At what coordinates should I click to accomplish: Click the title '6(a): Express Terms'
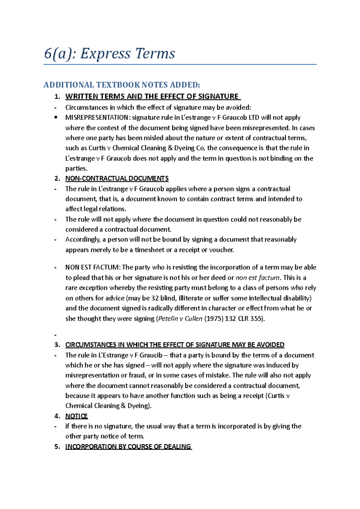click(109, 54)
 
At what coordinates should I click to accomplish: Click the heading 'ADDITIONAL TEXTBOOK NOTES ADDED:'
click(121, 85)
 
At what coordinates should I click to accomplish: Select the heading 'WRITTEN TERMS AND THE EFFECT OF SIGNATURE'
click(152, 96)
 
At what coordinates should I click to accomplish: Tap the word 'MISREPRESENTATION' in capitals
click(97, 118)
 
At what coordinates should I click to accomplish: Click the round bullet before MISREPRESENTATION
click(55, 118)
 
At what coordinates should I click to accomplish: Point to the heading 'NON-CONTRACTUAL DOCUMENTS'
click(117, 178)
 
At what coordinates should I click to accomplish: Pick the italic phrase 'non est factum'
click(257, 278)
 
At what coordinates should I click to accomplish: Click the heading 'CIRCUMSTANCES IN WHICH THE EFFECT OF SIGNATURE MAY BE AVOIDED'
click(175, 345)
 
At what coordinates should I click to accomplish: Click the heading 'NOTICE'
click(76, 416)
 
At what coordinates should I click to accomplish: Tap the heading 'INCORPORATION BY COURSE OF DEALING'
click(128, 447)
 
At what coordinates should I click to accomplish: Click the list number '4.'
click(57, 416)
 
